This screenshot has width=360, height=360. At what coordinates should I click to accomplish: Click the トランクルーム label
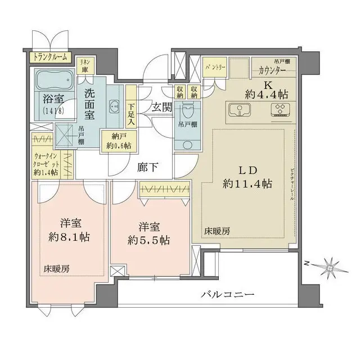pyautogui.click(x=49, y=57)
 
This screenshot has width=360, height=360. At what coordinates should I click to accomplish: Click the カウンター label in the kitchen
pyautogui.click(x=273, y=71)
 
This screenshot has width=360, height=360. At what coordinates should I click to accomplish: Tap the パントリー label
pyautogui.click(x=214, y=67)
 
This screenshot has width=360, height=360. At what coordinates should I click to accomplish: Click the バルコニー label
pyautogui.click(x=228, y=294)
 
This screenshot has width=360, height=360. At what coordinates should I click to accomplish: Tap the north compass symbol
pyautogui.click(x=327, y=266)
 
